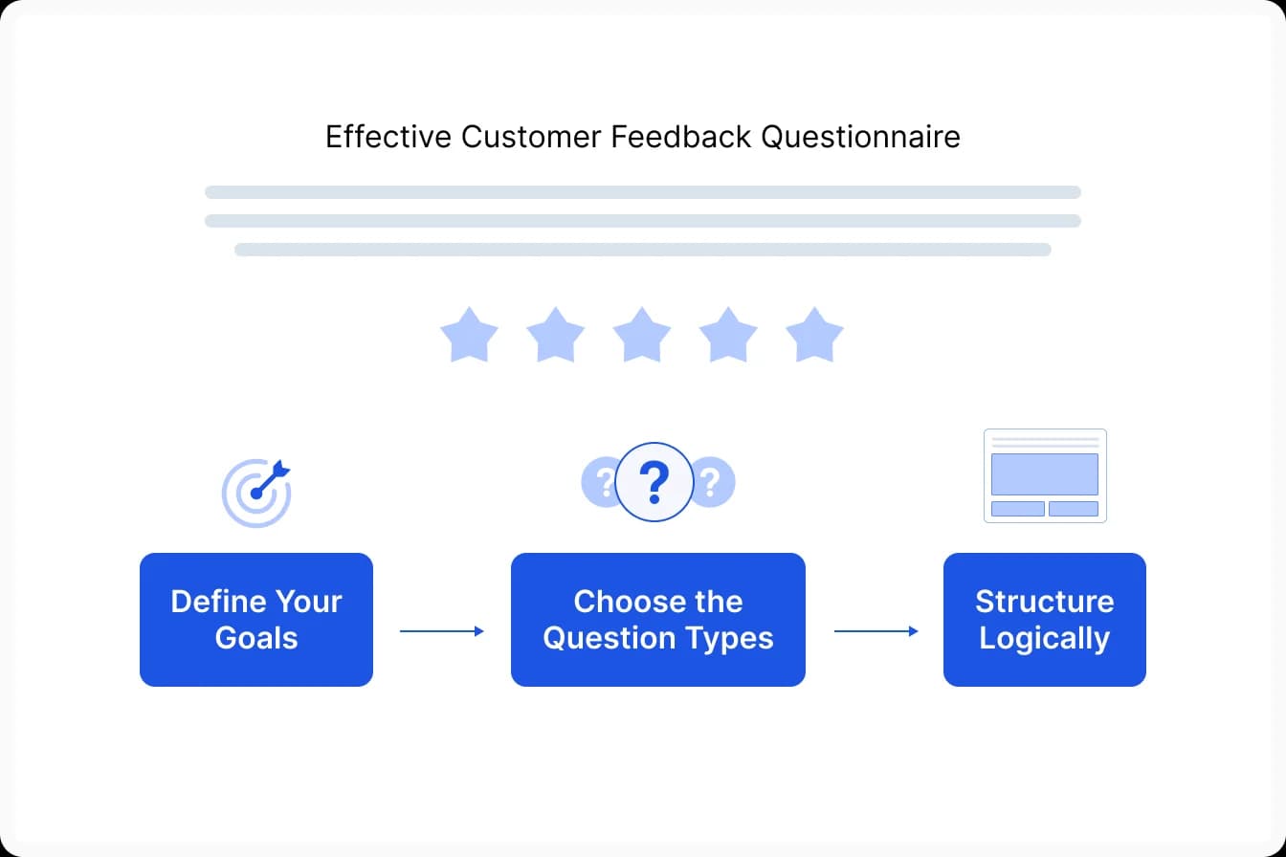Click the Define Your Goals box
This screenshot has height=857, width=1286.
(x=256, y=620)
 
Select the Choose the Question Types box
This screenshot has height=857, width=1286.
(x=658, y=620)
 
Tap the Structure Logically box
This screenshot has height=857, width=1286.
(x=1044, y=620)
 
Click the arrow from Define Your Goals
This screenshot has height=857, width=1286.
(x=441, y=631)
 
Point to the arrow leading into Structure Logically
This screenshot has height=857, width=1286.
(x=876, y=631)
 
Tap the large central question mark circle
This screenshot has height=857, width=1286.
(x=654, y=483)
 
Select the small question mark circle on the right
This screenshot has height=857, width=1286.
(x=712, y=483)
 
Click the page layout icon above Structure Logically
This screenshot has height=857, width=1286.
(x=1045, y=475)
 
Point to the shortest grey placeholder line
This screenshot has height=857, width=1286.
(x=642, y=250)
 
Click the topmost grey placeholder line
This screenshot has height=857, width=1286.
(x=642, y=192)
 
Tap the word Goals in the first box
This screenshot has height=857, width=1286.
(x=256, y=638)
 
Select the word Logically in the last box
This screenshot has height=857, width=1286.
(x=1044, y=639)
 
